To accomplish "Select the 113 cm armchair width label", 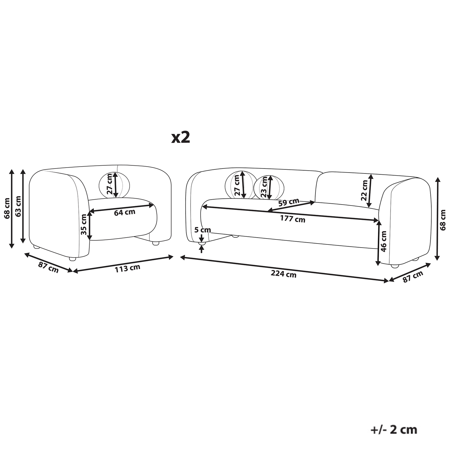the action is coord(127,268).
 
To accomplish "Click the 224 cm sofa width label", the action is coord(283,274).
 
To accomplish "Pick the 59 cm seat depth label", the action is coord(289,202).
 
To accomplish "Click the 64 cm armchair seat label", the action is coord(125,212).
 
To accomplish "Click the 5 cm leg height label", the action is coord(203,230).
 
